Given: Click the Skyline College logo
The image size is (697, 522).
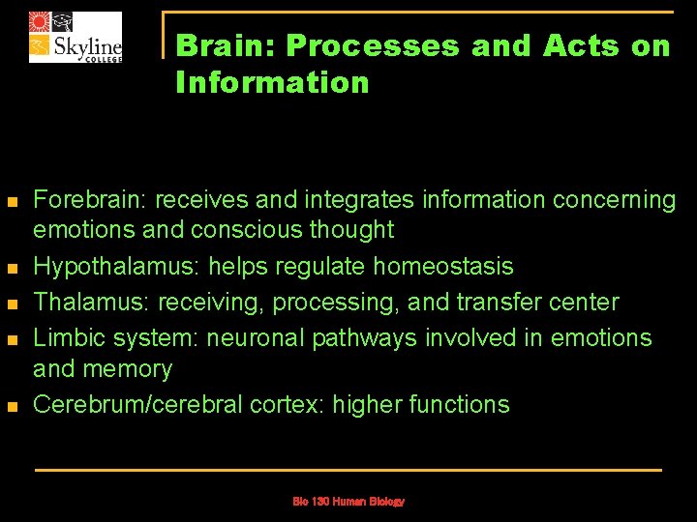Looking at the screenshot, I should (x=76, y=38).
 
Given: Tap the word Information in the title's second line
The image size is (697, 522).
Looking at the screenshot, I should (x=272, y=82).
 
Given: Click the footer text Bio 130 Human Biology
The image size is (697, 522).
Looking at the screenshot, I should (x=348, y=502).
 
